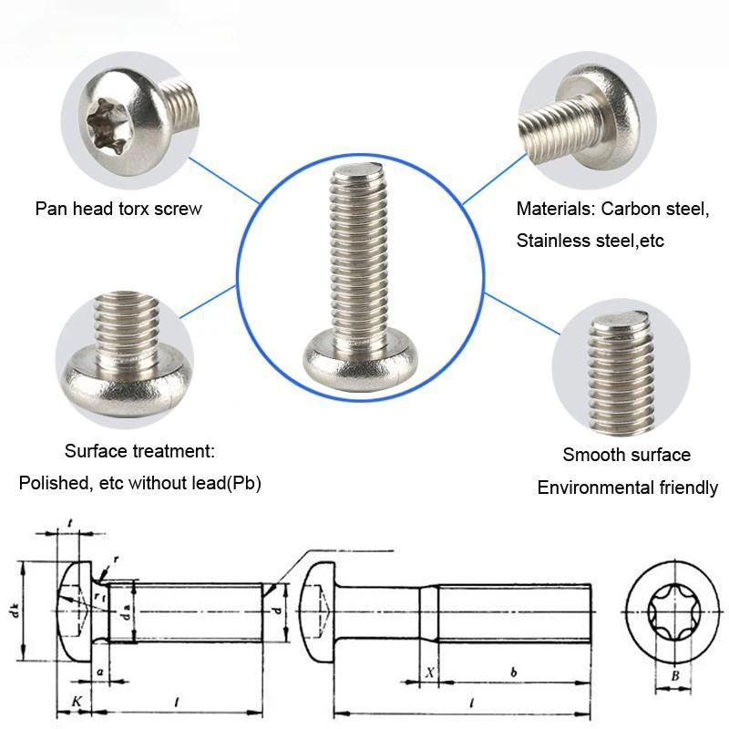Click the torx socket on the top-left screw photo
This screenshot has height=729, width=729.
pyautogui.click(x=107, y=126)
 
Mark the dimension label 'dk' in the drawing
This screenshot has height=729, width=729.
pyautogui.click(x=15, y=611)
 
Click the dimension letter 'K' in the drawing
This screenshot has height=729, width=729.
pyautogui.click(x=77, y=701)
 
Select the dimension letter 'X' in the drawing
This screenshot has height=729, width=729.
pyautogui.click(x=430, y=673)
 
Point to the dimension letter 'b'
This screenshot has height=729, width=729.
pyautogui.click(x=514, y=672)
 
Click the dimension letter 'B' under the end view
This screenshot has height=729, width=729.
pyautogui.click(x=675, y=675)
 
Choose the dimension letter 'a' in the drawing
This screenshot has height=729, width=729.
pyautogui.click(x=99, y=673)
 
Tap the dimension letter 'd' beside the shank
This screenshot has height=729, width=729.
pyautogui.click(x=278, y=611)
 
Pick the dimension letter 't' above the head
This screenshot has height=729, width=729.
pyautogui.click(x=70, y=524)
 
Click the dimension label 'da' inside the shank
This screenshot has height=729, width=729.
pyautogui.click(x=126, y=612)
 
